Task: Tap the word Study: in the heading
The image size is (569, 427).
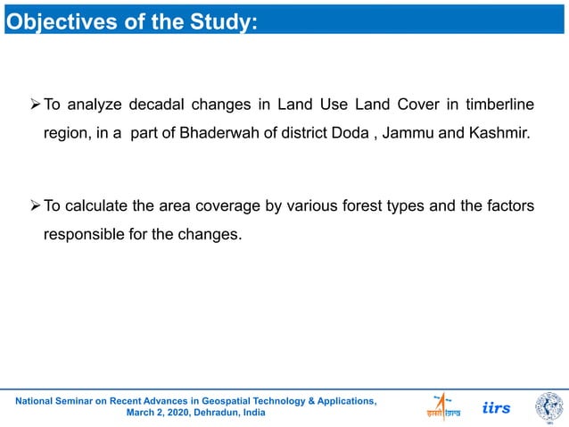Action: [x=229, y=20]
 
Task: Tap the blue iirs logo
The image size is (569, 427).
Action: [x=497, y=407]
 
